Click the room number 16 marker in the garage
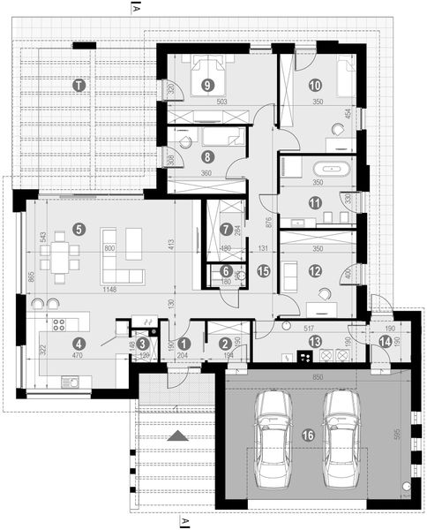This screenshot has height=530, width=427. coord(306,435)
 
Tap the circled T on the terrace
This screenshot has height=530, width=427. coord(79,85)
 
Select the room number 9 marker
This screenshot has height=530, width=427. coord(208,85)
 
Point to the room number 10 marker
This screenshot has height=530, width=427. coord(315,86)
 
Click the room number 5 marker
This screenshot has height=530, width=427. coord(79,228)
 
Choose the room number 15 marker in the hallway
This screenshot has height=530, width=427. coord(262,273)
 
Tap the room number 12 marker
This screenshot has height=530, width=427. coord(315,274)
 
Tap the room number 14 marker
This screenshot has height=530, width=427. coord(384,340)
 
